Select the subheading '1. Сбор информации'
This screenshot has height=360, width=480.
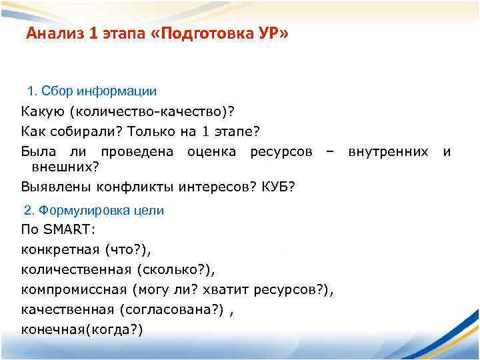[x=92, y=90]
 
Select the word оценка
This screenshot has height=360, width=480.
[x=211, y=152]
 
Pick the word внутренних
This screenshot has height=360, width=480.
[x=388, y=152]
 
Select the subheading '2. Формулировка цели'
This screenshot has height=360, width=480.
[x=93, y=211]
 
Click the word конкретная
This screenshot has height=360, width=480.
[x=60, y=250]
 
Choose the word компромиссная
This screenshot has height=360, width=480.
[x=74, y=290]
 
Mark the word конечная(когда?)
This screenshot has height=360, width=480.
[x=82, y=329]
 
